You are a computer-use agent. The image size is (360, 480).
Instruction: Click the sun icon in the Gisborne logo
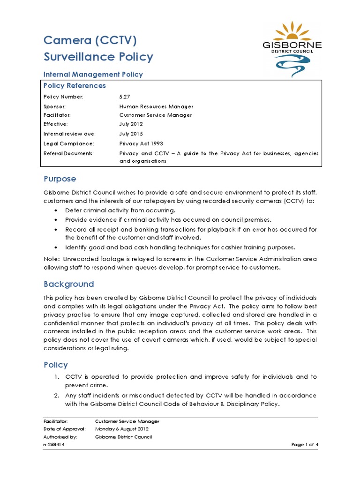292,32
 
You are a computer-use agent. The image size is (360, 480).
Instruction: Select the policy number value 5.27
124,97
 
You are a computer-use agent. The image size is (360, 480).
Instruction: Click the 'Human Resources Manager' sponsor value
156,106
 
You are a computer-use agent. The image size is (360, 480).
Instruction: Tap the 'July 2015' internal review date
131,134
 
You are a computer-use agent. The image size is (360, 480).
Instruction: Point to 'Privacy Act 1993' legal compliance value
141,143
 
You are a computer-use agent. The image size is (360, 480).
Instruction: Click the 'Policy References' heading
75,86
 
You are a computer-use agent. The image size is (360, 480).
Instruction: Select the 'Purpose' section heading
60,179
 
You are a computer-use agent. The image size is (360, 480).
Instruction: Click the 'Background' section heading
68,284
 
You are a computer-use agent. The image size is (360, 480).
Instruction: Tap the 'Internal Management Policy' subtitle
93,74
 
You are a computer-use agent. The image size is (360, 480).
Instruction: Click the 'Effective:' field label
56,124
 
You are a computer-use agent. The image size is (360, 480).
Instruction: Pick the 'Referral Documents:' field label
68,153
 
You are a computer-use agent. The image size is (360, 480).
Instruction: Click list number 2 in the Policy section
56,396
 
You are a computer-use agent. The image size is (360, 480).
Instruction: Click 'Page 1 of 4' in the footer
305,445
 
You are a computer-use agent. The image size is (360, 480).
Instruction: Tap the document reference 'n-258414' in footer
54,445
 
